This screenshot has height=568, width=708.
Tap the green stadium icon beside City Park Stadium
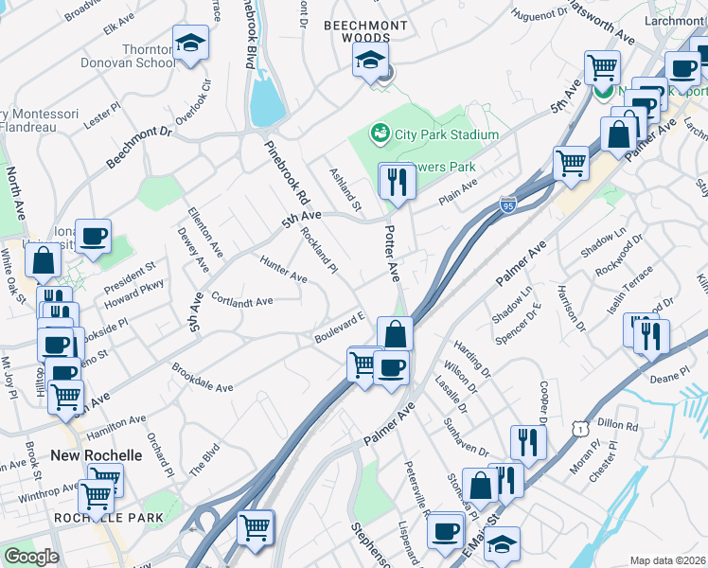click(x=381, y=134)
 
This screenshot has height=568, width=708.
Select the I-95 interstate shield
click(x=508, y=204)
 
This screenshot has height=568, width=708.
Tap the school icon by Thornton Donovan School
click(x=191, y=44)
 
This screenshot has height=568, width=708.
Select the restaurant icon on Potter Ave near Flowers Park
click(x=397, y=180)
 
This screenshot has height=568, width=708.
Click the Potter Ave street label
click(x=392, y=257)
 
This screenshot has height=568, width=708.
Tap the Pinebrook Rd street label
click(x=288, y=174)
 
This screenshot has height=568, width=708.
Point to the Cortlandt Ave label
click(x=242, y=301)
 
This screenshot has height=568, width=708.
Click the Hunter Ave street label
click(x=283, y=272)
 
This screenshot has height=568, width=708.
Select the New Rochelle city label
click(x=97, y=455)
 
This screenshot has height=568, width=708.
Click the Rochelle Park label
click(x=108, y=518)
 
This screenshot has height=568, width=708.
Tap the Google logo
click(x=31, y=557)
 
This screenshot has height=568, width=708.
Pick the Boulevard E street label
click(x=340, y=328)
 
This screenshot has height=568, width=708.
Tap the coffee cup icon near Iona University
click(x=93, y=237)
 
